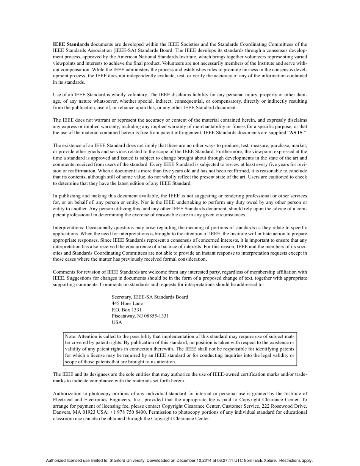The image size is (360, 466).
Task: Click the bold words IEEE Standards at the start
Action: [x=71, y=44]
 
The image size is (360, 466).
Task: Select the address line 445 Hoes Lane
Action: [x=127, y=303]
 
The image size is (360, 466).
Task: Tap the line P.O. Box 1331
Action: [x=127, y=310]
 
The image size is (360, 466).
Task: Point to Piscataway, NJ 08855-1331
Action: [x=140, y=316]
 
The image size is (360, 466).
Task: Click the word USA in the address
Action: [x=117, y=322]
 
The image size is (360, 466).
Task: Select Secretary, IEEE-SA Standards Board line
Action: [x=150, y=297]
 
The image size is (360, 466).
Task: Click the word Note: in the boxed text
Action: [x=70, y=336]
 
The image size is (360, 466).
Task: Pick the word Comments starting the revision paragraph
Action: [x=64, y=272]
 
